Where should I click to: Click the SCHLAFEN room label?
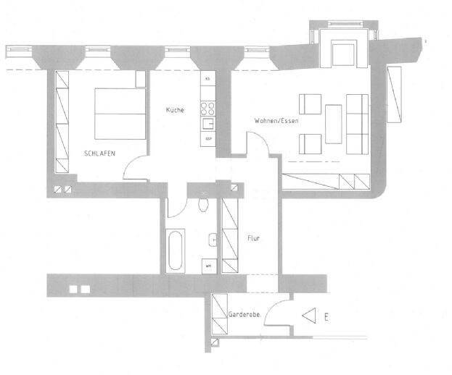coord(99,153)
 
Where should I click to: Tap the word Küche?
coord(174,110)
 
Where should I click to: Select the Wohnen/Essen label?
coord(276,121)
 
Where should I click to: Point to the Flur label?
coord(253,237)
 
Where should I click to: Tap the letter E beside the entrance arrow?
coord(327,316)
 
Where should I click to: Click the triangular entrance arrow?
coord(309,316)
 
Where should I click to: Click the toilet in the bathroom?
coord(203,202)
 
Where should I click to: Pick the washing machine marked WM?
coord(208,265)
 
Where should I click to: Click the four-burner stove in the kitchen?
coord(207,109)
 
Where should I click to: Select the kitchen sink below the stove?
coord(207,125)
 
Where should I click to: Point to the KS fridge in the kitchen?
coord(207,78)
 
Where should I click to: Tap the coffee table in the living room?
coord(334,124)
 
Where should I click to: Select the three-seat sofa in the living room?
coord(356,124)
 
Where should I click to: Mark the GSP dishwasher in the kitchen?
coord(208,138)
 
